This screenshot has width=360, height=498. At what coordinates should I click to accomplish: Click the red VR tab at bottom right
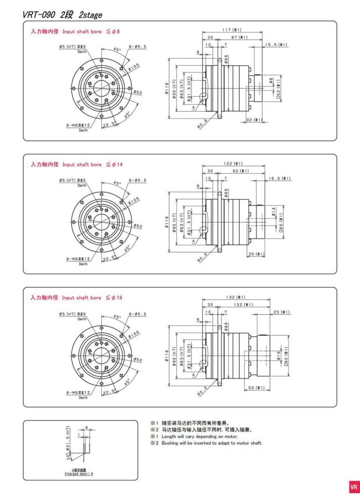(353, 487)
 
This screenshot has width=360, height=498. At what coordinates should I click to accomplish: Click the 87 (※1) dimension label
(239, 37)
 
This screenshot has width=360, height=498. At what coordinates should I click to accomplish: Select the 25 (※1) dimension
(281, 312)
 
